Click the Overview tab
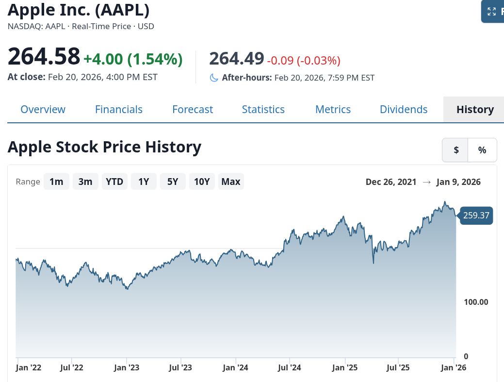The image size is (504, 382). [x=43, y=109]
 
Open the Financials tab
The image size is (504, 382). [x=119, y=109]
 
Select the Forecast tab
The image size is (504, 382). [x=193, y=109]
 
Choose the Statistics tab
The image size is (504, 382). [x=263, y=109]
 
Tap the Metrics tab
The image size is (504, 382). [x=333, y=109]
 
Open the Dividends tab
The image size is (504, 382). [x=404, y=109]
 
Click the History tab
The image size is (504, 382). [x=474, y=109]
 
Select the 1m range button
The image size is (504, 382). [x=56, y=182]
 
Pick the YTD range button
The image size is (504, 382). [x=114, y=182]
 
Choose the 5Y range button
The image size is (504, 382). [x=173, y=182]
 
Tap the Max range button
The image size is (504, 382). [x=231, y=182]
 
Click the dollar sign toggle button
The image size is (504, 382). [x=456, y=150]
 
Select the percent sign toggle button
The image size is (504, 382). [x=482, y=150]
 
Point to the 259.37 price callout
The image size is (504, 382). [x=476, y=216]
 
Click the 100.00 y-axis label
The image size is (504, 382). [x=476, y=302]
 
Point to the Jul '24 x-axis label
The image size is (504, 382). [x=289, y=368]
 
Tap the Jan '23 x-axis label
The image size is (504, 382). [x=127, y=368]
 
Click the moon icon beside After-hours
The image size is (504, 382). [x=214, y=78]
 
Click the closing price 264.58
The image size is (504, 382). [x=44, y=56]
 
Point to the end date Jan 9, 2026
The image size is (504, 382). [x=458, y=182]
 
